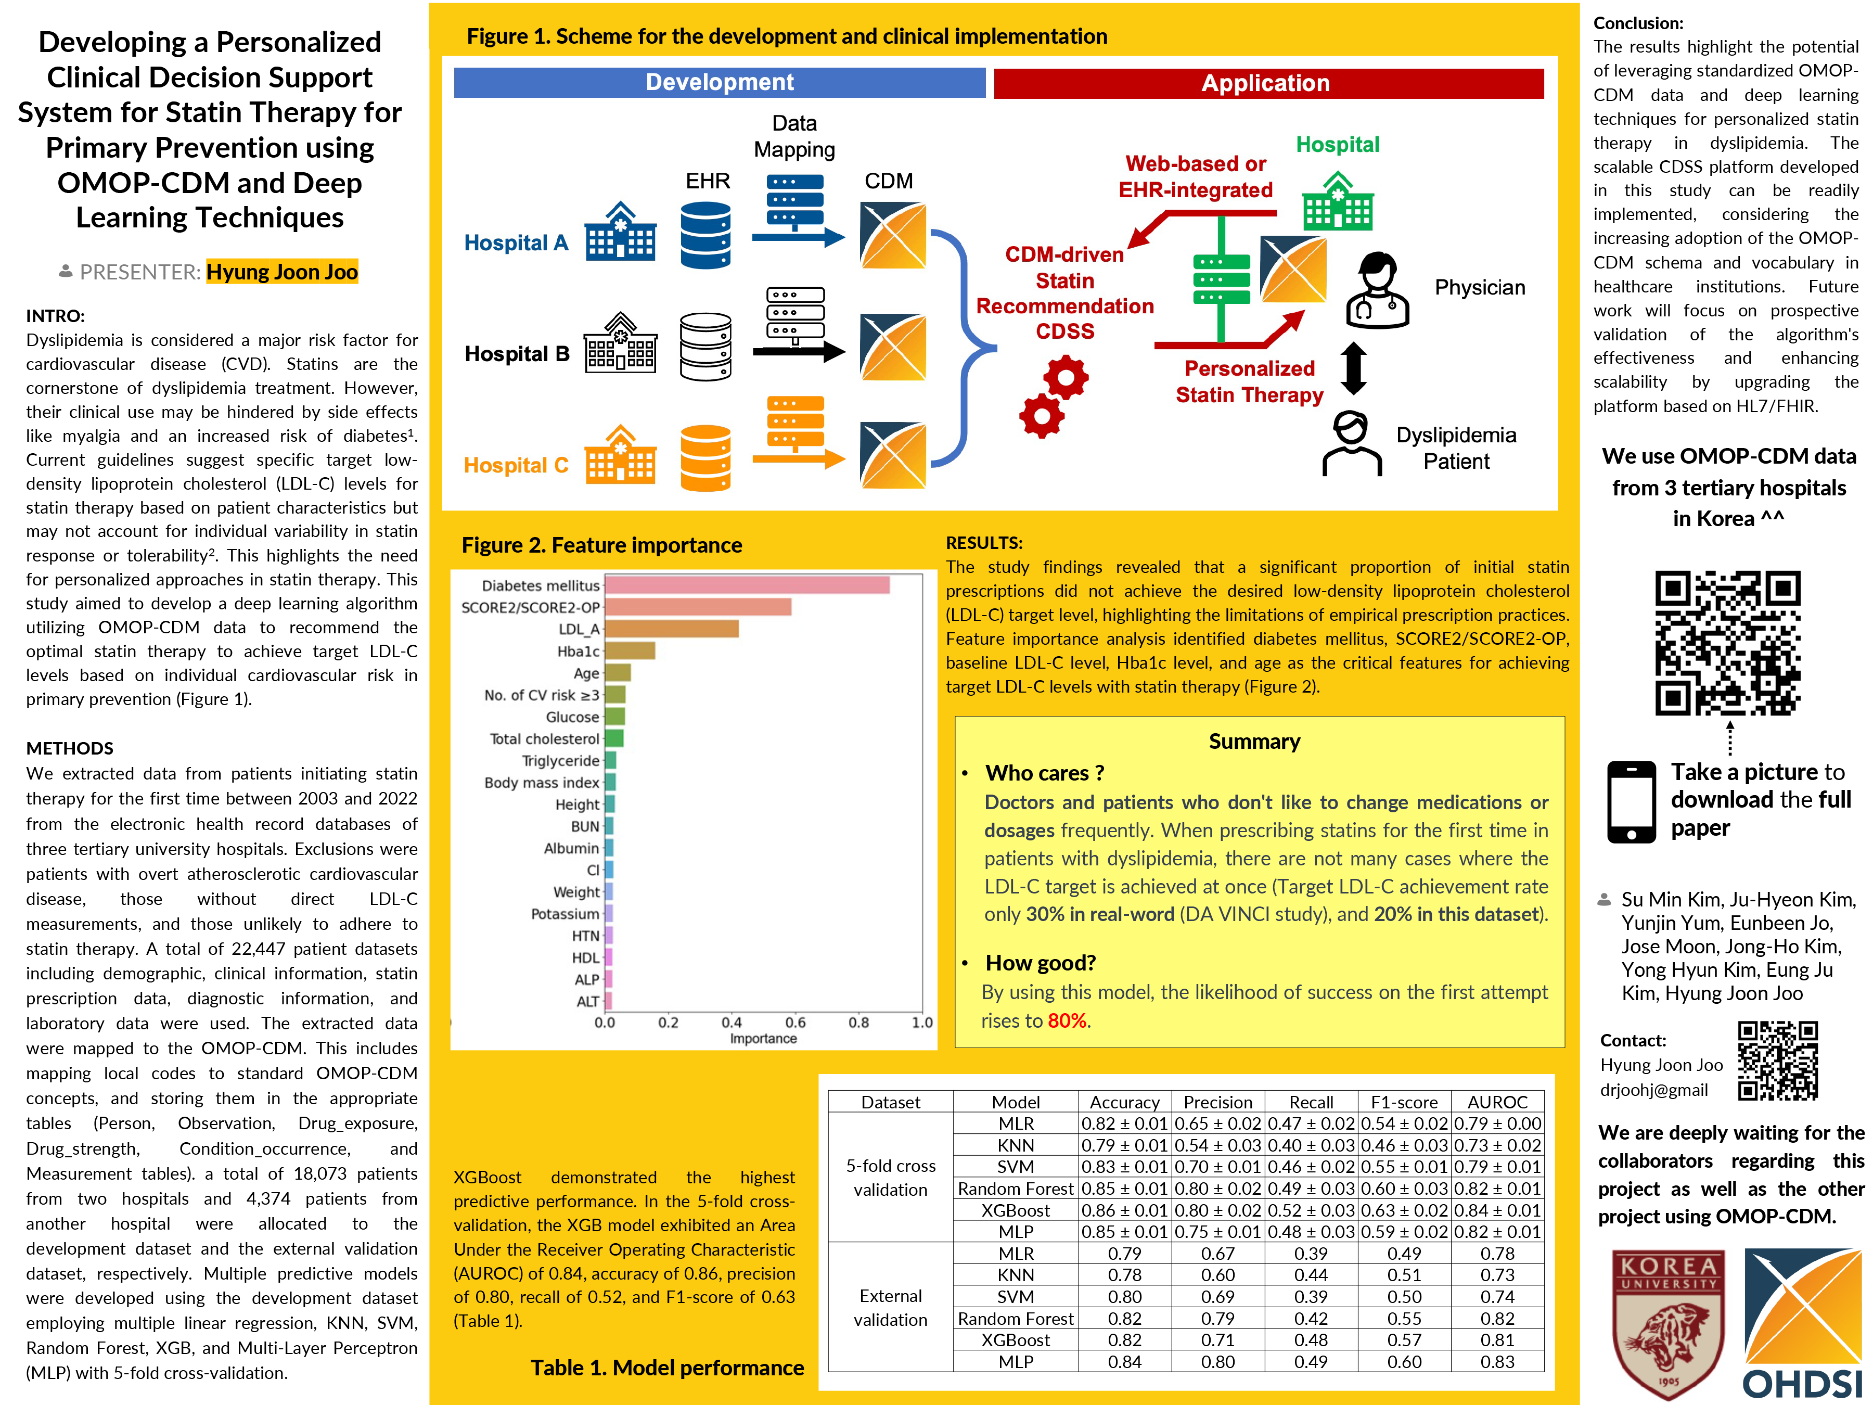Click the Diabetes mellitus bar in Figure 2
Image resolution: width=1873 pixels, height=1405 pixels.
coord(747,585)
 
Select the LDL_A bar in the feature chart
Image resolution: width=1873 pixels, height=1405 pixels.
coord(672,629)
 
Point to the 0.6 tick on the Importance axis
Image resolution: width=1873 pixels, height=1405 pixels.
coord(795,1022)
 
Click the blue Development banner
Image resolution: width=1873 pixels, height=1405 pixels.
coord(719,82)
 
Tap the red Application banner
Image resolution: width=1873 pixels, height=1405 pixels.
coord(1267,83)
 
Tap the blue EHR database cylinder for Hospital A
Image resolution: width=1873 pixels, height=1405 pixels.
coord(705,235)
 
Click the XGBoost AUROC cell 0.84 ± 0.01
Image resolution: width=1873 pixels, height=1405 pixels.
coord(1497,1210)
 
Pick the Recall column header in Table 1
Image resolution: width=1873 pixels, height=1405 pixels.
coord(1311,1102)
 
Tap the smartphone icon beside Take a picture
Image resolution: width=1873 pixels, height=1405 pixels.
coord(1631,801)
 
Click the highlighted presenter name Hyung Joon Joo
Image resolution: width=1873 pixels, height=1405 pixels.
coord(282,272)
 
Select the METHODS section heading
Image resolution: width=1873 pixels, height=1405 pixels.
coord(69,748)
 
